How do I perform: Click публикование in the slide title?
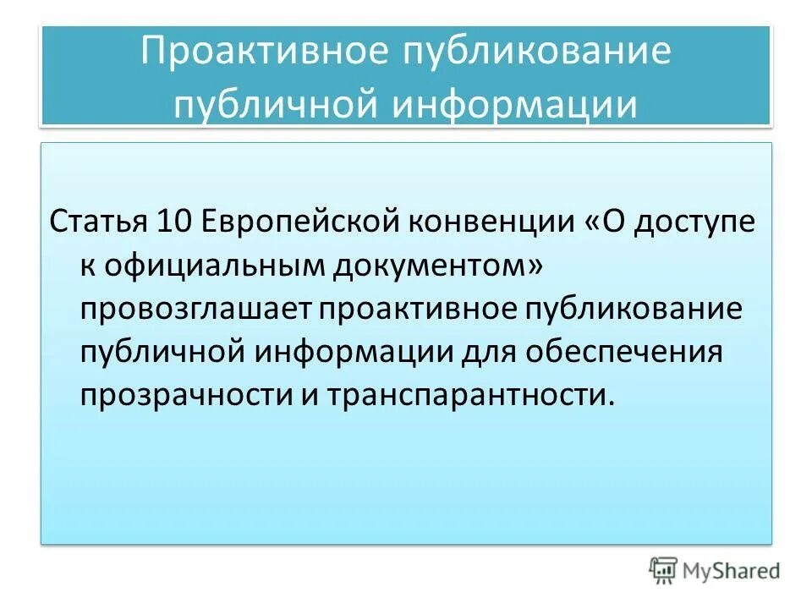point(529,52)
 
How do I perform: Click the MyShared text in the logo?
point(732,572)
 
